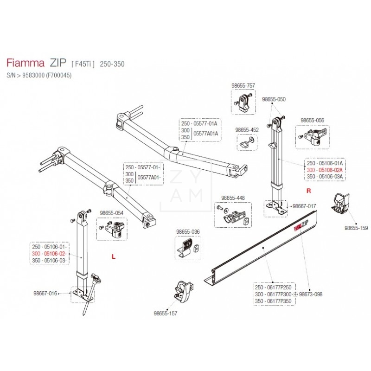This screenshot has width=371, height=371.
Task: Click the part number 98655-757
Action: [243, 85]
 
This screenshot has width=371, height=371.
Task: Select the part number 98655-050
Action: [274, 99]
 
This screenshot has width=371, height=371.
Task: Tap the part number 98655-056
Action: [312, 120]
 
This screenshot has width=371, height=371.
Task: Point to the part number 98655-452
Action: [247, 130]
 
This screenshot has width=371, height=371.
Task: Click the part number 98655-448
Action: [233, 198]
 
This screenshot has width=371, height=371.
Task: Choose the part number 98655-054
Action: [113, 213]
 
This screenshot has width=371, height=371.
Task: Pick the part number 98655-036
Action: [188, 231]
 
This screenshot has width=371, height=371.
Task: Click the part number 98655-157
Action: [165, 313]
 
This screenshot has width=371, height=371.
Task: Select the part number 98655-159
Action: [356, 228]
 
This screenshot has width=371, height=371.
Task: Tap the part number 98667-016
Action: [45, 294]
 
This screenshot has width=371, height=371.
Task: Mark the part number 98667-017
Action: [305, 206]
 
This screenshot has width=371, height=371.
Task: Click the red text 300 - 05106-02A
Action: [325, 170]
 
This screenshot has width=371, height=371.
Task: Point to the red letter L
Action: [113, 256]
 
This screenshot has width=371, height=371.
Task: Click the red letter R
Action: [307, 191]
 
